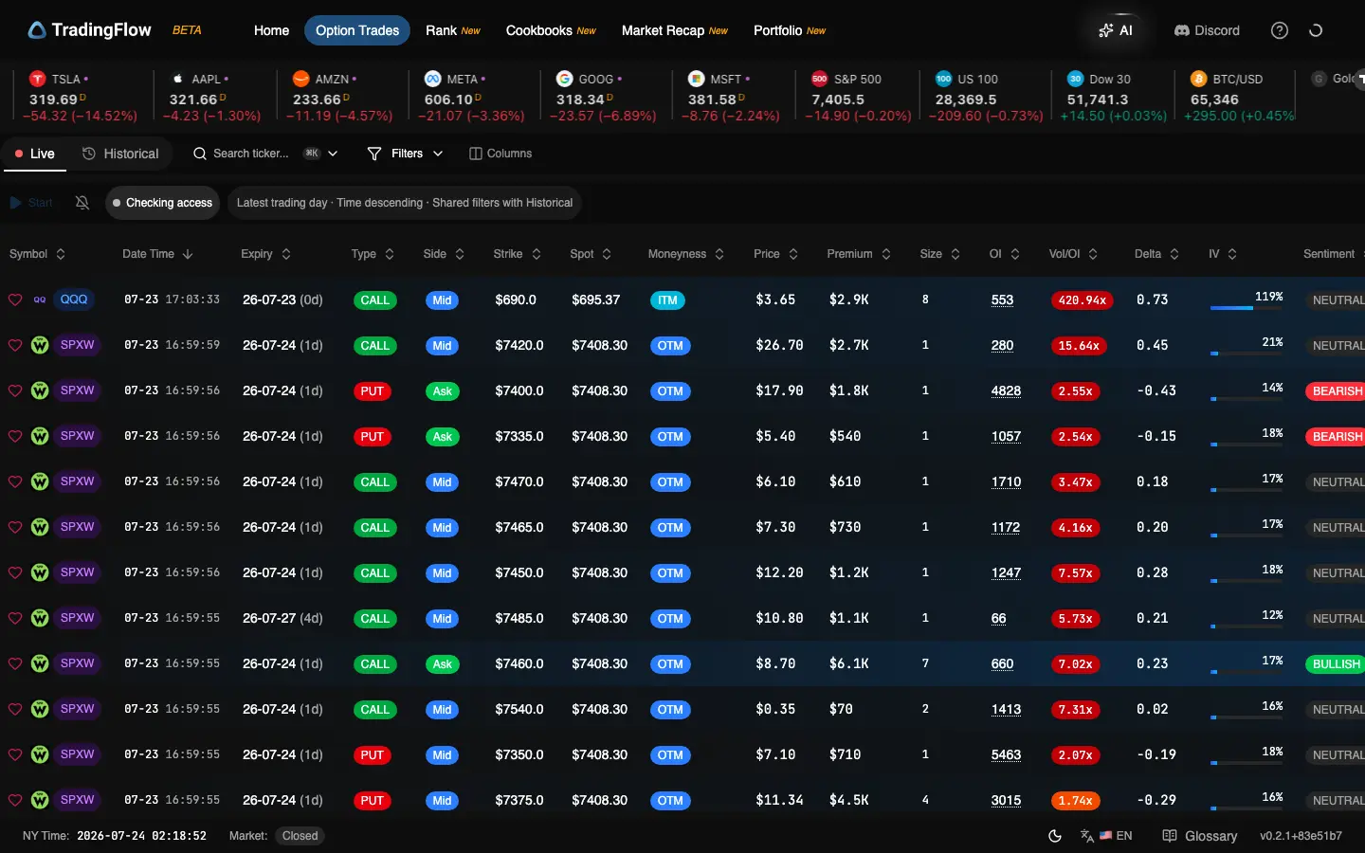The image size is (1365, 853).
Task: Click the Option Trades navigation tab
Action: pyautogui.click(x=357, y=30)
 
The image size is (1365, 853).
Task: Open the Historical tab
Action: pyautogui.click(x=120, y=154)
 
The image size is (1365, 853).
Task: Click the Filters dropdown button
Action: pyautogui.click(x=406, y=154)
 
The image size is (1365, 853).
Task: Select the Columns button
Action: pyautogui.click(x=500, y=154)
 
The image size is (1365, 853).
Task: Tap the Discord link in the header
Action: pyautogui.click(x=1207, y=30)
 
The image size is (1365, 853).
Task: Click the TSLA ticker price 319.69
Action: pyautogui.click(x=54, y=100)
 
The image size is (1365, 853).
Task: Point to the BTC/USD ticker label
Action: pyautogui.click(x=1237, y=80)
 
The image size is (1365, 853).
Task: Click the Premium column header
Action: pyautogui.click(x=849, y=254)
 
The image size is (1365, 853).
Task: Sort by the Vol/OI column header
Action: pyautogui.click(x=1064, y=254)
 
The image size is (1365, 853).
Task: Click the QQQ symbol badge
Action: pyautogui.click(x=74, y=299)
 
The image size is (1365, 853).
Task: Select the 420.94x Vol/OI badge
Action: pyautogui.click(x=1082, y=299)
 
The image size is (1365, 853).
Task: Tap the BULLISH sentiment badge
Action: pyautogui.click(x=1336, y=664)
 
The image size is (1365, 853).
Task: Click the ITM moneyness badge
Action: pyautogui.click(x=667, y=300)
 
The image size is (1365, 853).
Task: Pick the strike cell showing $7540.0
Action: pyautogui.click(x=519, y=709)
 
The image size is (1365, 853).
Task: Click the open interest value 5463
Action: pyautogui.click(x=1006, y=754)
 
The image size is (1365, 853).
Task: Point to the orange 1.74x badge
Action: pyautogui.click(x=1076, y=801)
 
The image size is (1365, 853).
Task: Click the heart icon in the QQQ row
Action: pyautogui.click(x=15, y=299)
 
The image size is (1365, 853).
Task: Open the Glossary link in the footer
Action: pyautogui.click(x=1199, y=836)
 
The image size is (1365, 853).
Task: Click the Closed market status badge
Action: pyautogui.click(x=300, y=836)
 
